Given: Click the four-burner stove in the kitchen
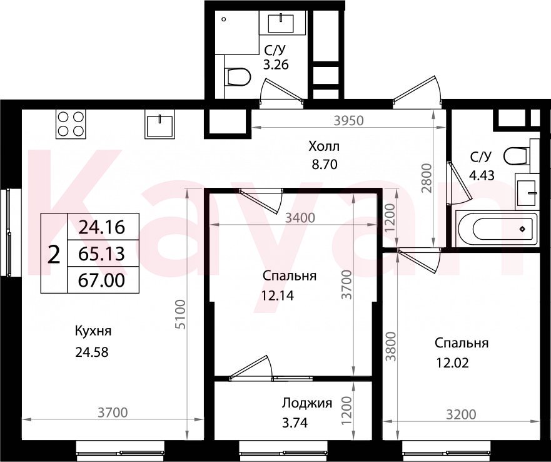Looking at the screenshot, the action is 71,124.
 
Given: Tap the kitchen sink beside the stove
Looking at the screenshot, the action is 159,124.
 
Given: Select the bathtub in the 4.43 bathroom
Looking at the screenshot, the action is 497,228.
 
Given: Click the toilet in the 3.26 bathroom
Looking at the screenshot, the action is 238,76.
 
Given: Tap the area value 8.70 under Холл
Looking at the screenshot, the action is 325,164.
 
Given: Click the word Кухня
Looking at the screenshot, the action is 93,331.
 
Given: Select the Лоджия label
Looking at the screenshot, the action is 307,403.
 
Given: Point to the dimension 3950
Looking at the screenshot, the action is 348,121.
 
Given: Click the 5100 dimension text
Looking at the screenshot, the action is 180,314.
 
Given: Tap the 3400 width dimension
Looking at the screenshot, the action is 300,218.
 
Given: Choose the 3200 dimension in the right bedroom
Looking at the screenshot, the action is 461,414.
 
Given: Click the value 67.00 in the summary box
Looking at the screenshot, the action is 101,280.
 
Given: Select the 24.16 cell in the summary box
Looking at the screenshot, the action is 101,227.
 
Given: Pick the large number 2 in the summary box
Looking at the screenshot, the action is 53,255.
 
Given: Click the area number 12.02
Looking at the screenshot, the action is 453,362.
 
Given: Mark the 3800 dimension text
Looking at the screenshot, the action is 391,347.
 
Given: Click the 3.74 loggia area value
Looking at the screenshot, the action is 295,422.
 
